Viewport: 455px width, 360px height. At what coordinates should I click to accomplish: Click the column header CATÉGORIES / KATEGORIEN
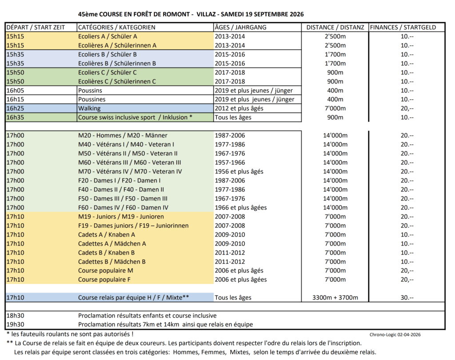(116, 27)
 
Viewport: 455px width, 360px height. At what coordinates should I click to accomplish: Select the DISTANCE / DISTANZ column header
(335, 27)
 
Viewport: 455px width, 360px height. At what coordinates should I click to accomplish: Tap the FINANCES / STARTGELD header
(403, 27)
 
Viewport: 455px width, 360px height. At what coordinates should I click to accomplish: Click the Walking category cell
(89, 108)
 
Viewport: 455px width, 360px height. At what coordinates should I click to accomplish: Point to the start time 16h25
(16, 108)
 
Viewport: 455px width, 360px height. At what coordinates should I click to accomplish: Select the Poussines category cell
(92, 99)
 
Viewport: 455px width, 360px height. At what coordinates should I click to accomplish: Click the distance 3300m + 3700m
(335, 297)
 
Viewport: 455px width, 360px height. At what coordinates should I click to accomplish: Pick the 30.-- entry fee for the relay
(407, 297)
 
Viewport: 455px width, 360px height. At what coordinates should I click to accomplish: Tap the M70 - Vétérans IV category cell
(130, 171)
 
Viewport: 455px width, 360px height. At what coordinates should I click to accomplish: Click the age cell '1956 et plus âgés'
(239, 171)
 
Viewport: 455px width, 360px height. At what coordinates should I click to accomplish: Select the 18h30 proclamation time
(16, 316)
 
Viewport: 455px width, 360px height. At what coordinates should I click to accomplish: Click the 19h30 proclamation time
(16, 324)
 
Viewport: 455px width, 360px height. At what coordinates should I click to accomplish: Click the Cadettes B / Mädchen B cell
(112, 261)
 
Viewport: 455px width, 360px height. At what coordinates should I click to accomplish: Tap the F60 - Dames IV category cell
(123, 207)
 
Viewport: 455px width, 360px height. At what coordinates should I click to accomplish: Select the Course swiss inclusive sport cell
(135, 117)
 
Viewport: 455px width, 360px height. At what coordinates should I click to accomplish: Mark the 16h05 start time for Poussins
(16, 90)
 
